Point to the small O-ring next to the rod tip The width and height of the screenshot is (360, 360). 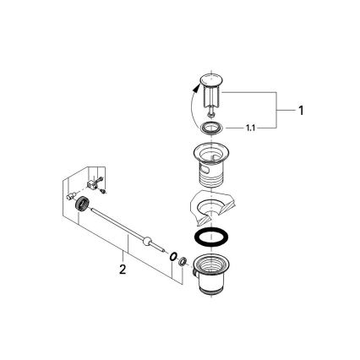pos(172,256)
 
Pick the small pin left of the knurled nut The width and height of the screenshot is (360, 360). pos(70,194)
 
